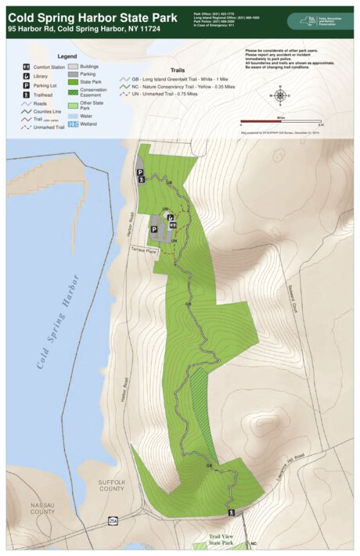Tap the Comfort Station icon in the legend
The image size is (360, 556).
pos(27,67)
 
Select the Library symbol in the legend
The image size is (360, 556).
pos(27,76)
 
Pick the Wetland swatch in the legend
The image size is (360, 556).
pos(73,124)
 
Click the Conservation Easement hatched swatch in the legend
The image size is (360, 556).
pos(73,91)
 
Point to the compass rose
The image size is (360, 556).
pos(280,95)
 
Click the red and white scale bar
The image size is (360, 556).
pos(280,121)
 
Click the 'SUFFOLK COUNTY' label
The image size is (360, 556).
pos(112,486)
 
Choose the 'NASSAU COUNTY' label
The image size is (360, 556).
pos(42,509)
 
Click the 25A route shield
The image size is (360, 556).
pos(113,521)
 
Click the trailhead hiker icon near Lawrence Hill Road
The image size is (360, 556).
pos(231,513)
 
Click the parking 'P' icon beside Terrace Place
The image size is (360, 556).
pos(154,230)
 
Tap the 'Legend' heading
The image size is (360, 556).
pos(67,57)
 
